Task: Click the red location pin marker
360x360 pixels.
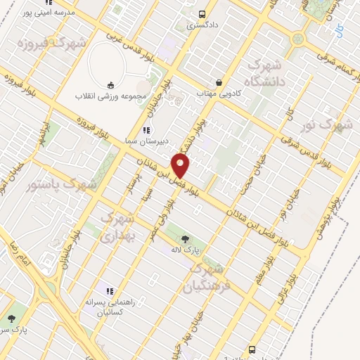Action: point(181,166)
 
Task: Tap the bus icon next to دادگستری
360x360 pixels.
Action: point(202,13)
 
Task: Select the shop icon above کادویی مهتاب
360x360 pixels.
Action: point(219,82)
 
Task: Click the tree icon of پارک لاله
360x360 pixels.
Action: point(186,239)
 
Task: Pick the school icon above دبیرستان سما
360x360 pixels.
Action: point(146,129)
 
